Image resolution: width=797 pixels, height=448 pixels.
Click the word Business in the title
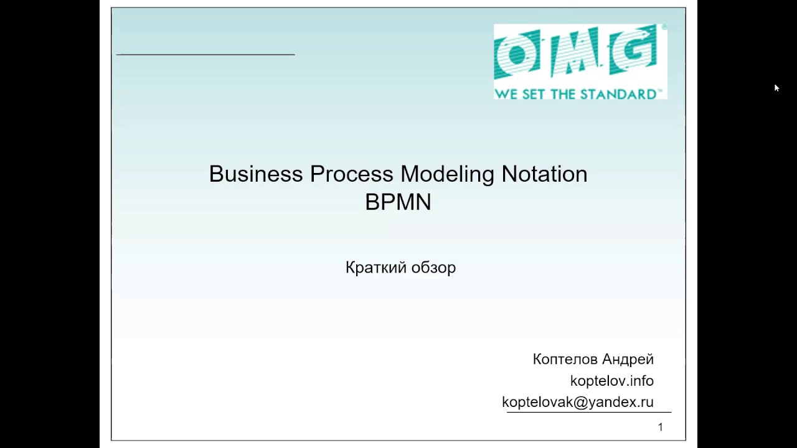[x=256, y=174]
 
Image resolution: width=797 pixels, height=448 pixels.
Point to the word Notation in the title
[x=544, y=174]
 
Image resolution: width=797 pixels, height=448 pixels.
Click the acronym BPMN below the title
[x=398, y=203]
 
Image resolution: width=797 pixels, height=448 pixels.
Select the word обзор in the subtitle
[x=434, y=268]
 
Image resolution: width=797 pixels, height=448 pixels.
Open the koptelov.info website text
[x=611, y=381]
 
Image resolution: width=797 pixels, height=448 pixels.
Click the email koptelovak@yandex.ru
[x=577, y=403]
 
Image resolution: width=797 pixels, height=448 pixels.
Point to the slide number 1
[x=660, y=427]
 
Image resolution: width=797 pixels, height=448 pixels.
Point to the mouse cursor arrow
[x=776, y=88]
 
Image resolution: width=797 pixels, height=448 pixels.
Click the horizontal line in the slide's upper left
[x=205, y=55]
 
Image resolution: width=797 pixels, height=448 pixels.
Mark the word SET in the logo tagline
[x=531, y=95]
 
